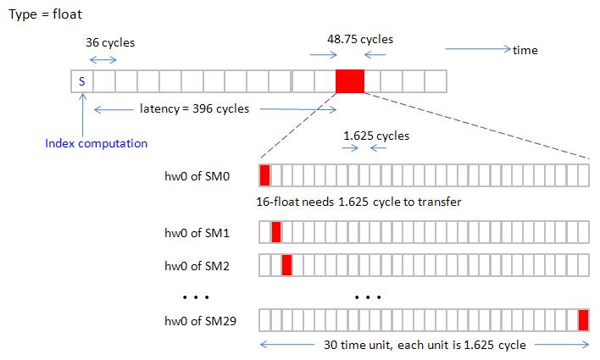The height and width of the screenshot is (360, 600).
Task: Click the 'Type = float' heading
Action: click(46, 15)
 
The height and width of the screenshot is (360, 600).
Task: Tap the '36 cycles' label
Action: click(110, 42)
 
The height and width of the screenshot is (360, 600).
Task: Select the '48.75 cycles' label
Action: click(360, 39)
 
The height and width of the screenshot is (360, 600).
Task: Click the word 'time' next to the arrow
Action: click(525, 50)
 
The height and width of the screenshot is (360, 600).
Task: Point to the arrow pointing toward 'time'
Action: click(477, 49)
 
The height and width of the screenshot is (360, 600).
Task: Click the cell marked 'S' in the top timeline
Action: click(82, 81)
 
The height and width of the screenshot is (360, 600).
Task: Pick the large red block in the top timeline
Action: click(350, 81)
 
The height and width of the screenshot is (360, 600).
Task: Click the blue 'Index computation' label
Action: click(96, 143)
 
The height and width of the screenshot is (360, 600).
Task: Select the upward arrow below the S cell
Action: click(82, 111)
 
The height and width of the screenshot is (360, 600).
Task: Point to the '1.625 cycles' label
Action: click(376, 136)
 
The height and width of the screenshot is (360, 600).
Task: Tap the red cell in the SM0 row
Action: click(264, 175)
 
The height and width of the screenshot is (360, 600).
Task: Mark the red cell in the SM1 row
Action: click(275, 232)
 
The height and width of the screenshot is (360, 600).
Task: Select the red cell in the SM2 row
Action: click(286, 265)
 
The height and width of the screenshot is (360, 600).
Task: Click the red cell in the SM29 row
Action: click(583, 320)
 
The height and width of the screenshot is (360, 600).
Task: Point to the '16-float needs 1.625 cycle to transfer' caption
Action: click(358, 202)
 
